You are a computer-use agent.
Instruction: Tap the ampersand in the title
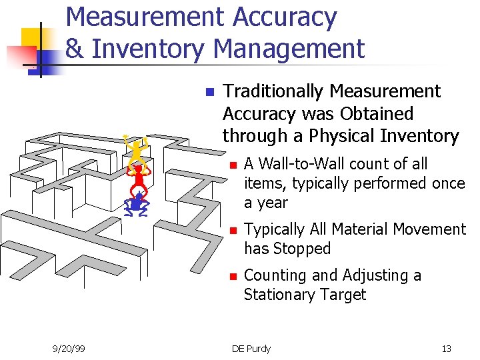point(74,49)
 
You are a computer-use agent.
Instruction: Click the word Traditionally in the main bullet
point(273,91)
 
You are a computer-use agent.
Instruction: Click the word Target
point(343,295)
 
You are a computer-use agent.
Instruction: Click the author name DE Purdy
point(251,348)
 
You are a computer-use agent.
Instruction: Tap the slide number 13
point(446,348)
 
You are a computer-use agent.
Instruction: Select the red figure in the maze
point(139,177)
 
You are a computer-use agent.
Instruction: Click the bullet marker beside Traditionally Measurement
point(209,92)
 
